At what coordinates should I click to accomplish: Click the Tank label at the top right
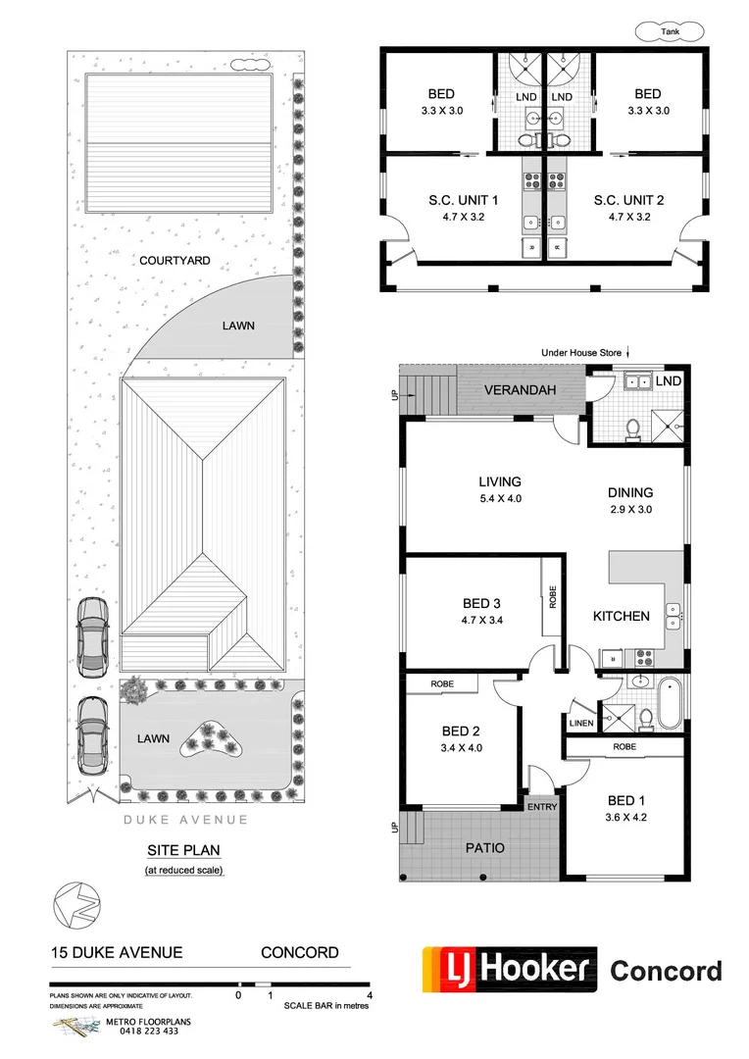tap(670, 32)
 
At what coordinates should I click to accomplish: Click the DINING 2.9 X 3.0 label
tap(629, 500)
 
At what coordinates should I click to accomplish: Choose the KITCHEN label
tap(621, 616)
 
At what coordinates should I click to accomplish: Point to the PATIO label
tap(485, 847)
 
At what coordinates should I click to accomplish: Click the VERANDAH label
tap(520, 390)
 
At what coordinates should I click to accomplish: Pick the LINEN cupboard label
tap(578, 724)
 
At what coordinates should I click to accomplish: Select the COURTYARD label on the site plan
tap(175, 261)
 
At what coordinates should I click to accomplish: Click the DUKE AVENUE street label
tap(185, 820)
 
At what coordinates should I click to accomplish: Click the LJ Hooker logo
tap(510, 970)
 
